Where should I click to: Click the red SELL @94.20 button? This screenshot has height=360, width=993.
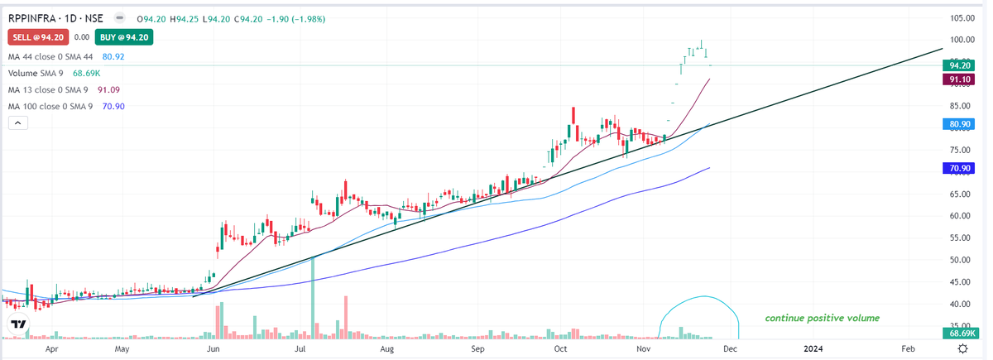pos(37,37)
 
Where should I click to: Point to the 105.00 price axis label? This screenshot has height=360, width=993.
pos(961,17)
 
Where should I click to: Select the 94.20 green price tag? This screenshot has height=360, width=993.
pos(960,65)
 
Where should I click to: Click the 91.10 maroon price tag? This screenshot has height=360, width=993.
pos(960,79)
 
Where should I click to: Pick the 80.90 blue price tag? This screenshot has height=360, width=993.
pos(960,124)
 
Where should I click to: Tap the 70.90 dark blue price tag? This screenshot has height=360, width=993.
pos(960,168)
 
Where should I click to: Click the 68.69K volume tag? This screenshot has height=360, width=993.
pos(960,333)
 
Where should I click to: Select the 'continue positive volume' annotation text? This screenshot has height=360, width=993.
pos(822,318)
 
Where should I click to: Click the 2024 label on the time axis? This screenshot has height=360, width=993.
pos(814,349)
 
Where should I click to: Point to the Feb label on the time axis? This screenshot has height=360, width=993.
pos(908,349)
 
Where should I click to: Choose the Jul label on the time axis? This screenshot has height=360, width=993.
pos(300,349)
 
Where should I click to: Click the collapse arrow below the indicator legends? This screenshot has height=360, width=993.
pos(18,123)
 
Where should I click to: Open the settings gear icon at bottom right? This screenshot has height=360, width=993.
pos(962,349)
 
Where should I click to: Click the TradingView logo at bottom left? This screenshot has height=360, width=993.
pos(18,325)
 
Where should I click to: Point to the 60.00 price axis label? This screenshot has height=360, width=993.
pos(961,216)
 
